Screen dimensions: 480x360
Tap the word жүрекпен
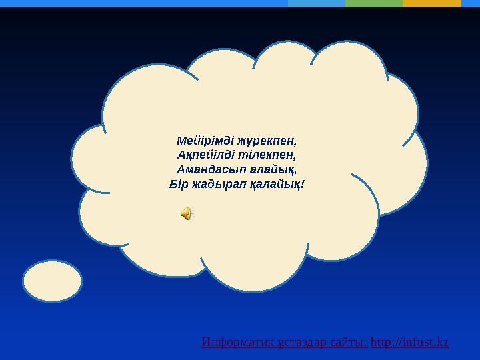click(x=266, y=141)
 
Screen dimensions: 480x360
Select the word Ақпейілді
click(x=205, y=155)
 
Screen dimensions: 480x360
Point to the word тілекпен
click(x=265, y=155)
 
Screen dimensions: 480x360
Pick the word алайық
click(x=272, y=169)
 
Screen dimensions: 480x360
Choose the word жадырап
click(x=219, y=185)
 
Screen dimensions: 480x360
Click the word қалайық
click(x=275, y=185)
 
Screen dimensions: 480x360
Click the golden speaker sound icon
click(x=186, y=213)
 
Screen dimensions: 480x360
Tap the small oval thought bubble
click(x=53, y=281)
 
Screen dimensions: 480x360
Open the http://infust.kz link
click(x=409, y=342)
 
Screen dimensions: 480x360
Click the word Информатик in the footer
click(x=237, y=342)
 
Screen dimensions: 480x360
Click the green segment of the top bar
click(x=374, y=3)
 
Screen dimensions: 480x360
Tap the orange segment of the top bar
click(x=431, y=3)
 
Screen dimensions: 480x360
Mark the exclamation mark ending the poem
click(x=303, y=184)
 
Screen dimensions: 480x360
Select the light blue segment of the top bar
click(x=317, y=3)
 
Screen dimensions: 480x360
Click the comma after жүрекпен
click(x=295, y=145)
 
